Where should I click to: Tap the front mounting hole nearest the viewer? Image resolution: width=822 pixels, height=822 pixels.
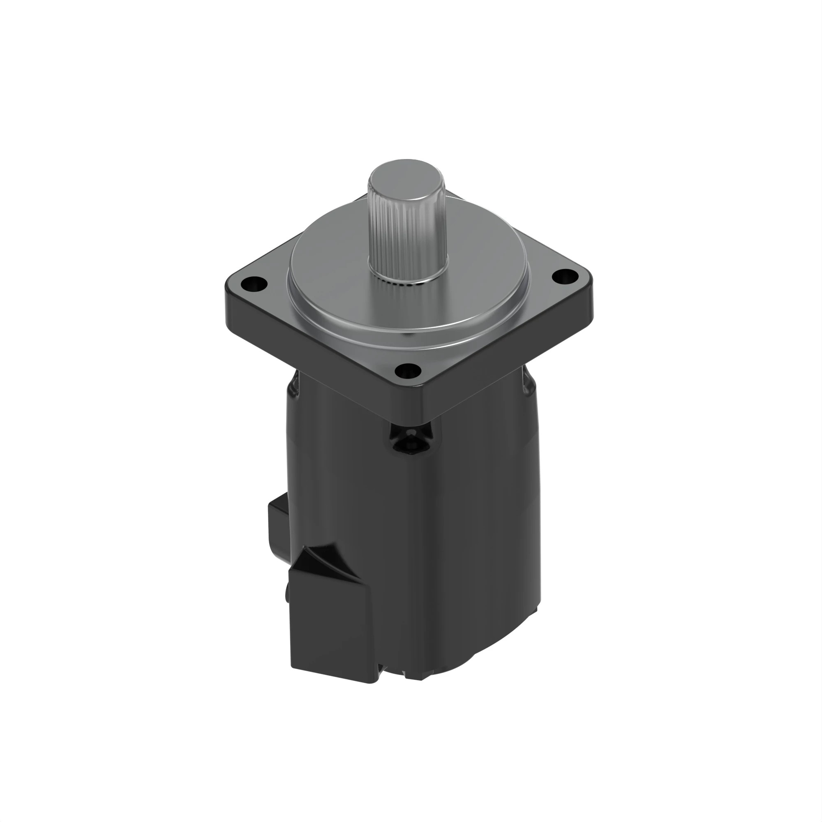pos(408,372)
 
